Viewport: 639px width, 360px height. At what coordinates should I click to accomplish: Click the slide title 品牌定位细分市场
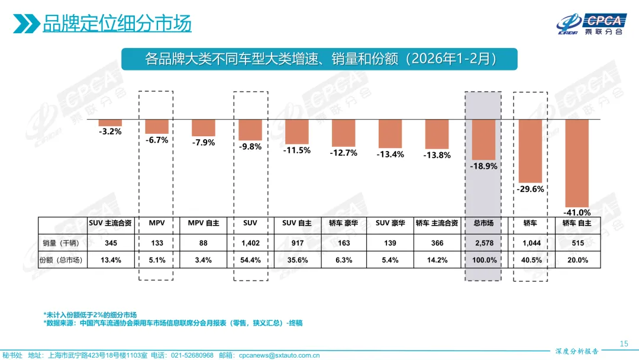[x=117, y=24]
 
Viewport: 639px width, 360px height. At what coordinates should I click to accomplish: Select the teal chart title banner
[x=319, y=59]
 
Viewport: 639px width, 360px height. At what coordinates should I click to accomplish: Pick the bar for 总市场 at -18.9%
[x=483, y=139]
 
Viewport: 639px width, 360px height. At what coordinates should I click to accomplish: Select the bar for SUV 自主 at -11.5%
[x=296, y=131]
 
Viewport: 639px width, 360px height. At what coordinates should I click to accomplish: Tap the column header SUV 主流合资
[x=110, y=223]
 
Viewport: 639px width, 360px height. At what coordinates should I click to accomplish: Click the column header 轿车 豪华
[x=343, y=223]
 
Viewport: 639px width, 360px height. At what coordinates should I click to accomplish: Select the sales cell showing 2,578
[x=483, y=243]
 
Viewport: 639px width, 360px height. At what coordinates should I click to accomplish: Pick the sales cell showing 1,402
[x=250, y=243]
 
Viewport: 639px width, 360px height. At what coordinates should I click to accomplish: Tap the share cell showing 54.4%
[x=250, y=260]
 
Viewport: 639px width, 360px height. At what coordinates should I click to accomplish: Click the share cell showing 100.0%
[x=483, y=260]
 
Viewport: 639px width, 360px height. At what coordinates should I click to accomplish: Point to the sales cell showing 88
[x=203, y=243]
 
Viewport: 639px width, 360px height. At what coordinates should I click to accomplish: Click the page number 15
[x=623, y=343]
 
